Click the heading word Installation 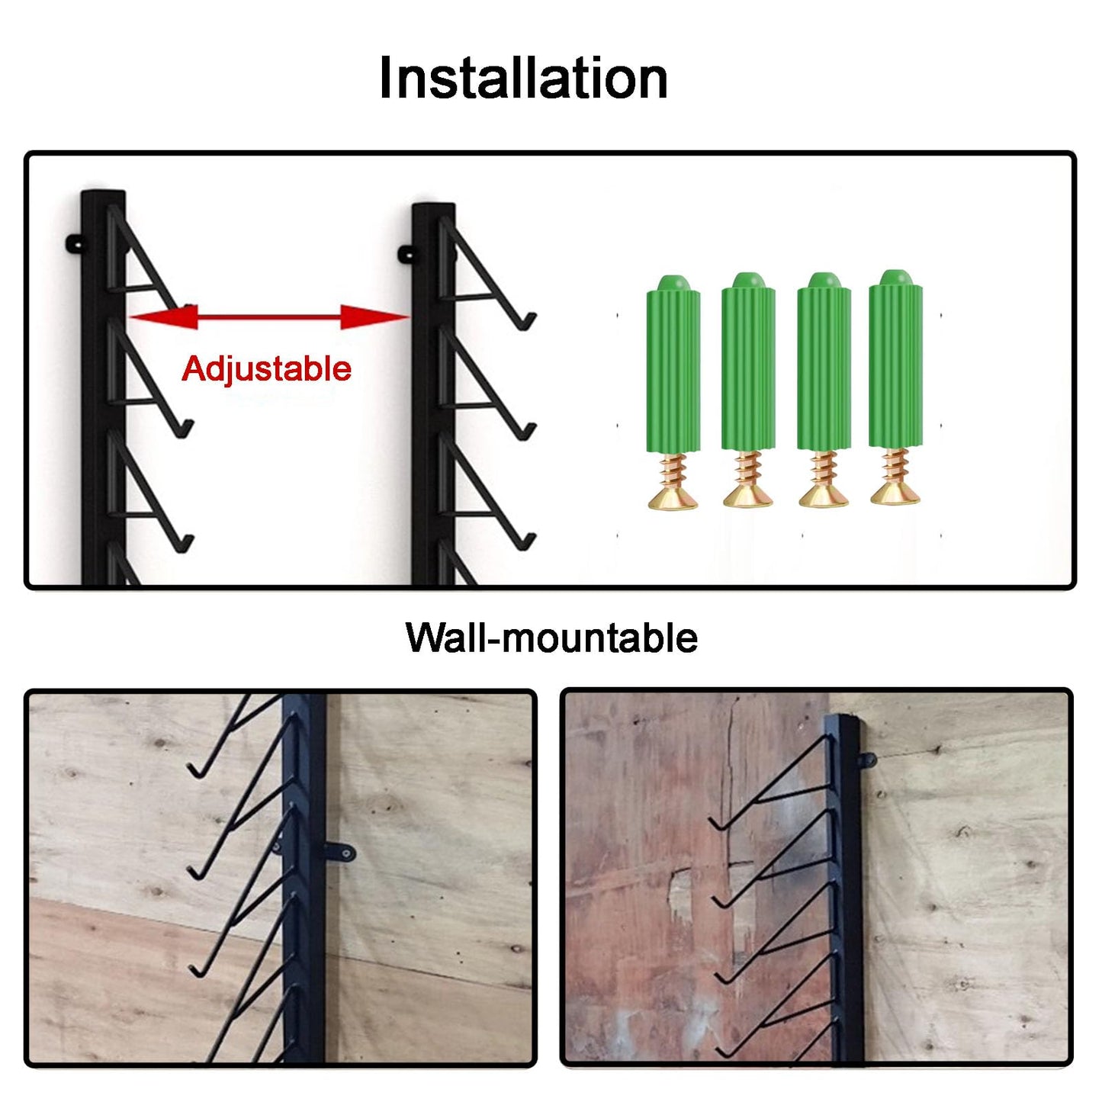[x=523, y=79]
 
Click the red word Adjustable [x=266, y=369]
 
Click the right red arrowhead [x=375, y=317]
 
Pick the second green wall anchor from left [x=748, y=362]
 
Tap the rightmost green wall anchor [x=895, y=359]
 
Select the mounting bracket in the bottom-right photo [x=868, y=762]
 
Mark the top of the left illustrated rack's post [x=103, y=193]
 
